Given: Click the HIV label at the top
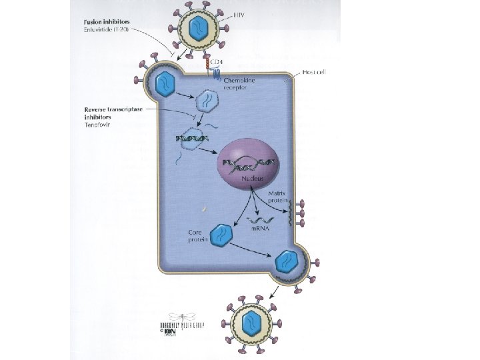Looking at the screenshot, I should [x=239, y=13].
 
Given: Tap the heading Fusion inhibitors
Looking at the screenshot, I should [x=109, y=22].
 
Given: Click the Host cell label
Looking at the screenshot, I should [x=313, y=71].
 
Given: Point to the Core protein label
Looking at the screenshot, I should [x=198, y=236].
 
